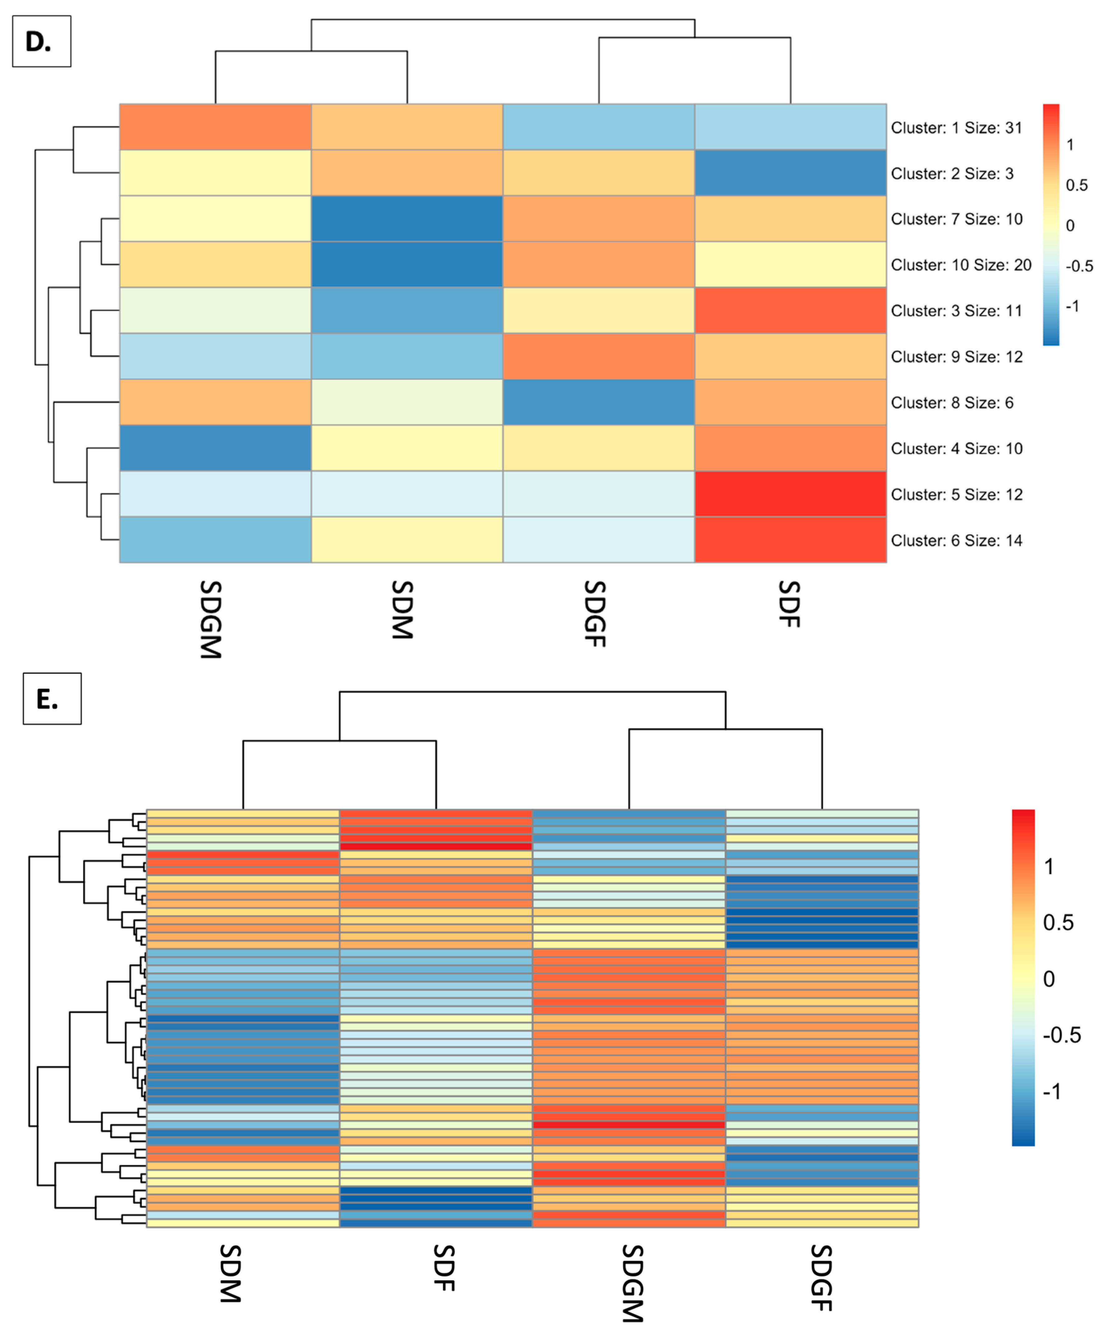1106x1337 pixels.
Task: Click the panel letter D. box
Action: (41, 41)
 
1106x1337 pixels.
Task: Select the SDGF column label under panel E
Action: (821, 1277)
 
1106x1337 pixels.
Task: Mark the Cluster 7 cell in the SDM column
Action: (407, 218)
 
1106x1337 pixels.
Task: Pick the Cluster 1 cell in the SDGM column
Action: (215, 127)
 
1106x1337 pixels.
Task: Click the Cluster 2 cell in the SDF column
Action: (790, 173)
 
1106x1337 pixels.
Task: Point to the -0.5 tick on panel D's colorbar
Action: (1079, 266)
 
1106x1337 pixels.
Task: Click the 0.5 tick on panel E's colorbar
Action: (1057, 923)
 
